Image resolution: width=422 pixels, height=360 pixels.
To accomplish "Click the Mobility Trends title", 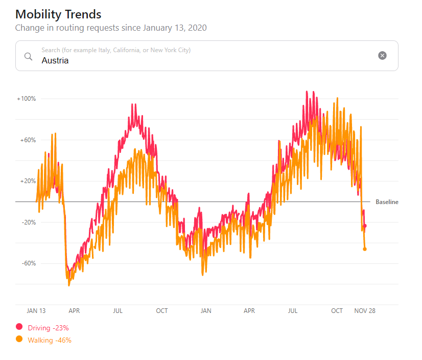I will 58,14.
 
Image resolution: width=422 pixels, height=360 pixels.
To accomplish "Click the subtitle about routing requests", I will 111,28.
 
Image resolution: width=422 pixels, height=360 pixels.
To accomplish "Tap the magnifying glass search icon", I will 29,56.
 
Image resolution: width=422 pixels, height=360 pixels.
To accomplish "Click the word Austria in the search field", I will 55,60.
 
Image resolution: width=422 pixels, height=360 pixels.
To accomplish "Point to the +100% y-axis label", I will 26,99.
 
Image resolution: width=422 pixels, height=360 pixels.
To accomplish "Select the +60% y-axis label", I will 28,140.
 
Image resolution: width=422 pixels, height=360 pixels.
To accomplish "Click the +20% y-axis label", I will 28,181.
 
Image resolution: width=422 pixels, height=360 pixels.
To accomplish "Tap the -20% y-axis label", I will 28,222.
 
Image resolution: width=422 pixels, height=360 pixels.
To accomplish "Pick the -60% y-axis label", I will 28,263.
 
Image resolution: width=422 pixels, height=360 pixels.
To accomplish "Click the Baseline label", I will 387,202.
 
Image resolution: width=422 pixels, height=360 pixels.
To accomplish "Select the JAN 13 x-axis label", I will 36,310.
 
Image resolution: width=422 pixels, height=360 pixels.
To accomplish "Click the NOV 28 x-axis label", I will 365,310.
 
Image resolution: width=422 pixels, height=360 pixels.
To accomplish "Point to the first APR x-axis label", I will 74,310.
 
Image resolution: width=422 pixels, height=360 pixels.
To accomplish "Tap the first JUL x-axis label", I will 118,310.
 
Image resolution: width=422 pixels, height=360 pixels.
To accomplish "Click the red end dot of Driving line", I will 365,226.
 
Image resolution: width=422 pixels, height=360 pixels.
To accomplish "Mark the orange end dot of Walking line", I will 365,249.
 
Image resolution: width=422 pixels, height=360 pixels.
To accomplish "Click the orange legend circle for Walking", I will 19,339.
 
